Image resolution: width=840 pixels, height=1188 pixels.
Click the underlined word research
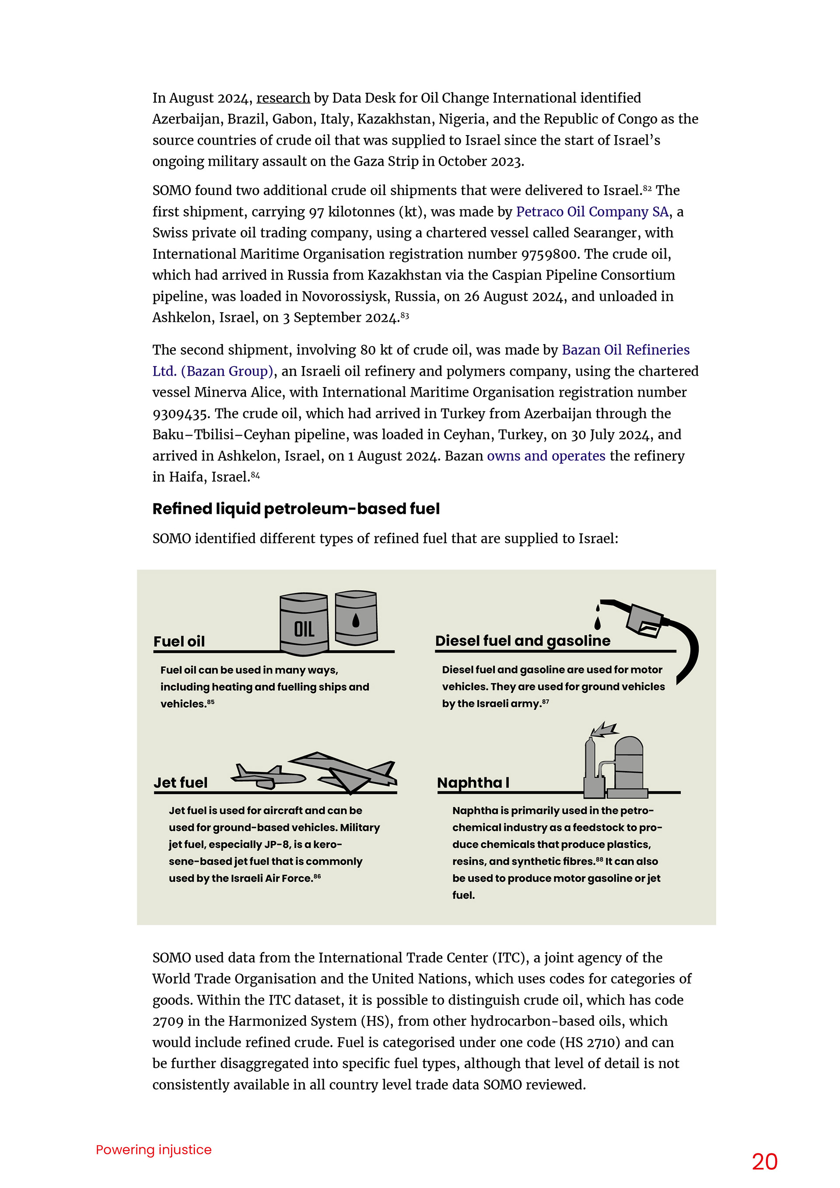tap(283, 98)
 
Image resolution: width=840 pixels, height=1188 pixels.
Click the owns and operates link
tap(546, 456)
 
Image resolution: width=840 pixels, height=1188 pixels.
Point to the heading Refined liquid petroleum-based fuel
tap(296, 509)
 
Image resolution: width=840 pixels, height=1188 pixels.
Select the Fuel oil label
tap(179, 642)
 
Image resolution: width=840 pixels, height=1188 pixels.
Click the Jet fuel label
tap(181, 783)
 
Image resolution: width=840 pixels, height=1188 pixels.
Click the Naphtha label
tap(469, 783)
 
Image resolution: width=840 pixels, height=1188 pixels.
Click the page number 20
tap(764, 1162)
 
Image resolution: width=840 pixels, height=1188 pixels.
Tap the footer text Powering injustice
tap(154, 1149)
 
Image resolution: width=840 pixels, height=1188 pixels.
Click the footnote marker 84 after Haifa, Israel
tap(255, 475)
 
